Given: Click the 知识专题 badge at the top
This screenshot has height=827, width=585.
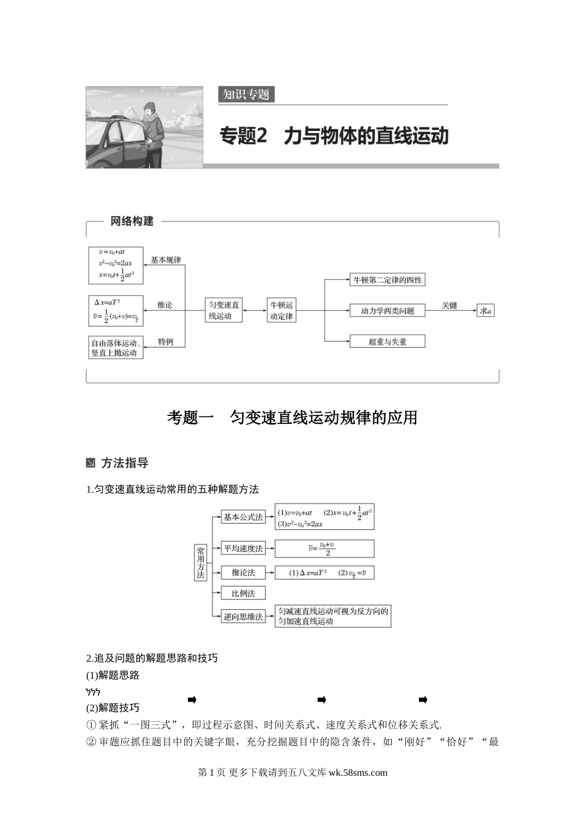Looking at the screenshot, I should pos(246,94).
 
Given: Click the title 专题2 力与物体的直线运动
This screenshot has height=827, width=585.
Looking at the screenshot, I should pos(334,136).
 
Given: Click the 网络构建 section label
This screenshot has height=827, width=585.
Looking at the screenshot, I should pos(132,222).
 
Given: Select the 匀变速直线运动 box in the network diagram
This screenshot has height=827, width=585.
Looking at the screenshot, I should pos(224,310).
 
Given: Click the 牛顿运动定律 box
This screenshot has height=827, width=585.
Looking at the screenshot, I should pos(281,310).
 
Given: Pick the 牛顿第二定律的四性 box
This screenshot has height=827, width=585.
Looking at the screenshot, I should pos(387,280).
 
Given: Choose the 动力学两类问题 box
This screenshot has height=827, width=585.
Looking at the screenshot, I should pos(387,311).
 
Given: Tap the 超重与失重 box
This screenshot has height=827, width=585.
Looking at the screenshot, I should pos(387,342).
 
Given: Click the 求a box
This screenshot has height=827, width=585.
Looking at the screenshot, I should pos(486,311).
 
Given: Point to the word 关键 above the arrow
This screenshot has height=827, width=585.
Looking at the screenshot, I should pos(450,305).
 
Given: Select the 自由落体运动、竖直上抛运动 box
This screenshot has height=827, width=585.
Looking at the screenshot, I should pos(116,348).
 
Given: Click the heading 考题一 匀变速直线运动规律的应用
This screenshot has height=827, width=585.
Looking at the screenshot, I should pos(292,418).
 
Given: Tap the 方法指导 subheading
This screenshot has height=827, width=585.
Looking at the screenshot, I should pos(124,463).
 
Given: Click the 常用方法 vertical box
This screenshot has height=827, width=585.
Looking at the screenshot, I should pos(201,562).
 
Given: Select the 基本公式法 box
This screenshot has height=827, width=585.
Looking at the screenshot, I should pos(243,517).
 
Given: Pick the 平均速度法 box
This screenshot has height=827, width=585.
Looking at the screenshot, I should pos(243,548).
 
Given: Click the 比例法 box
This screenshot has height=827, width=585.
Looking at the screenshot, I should pos(243,593).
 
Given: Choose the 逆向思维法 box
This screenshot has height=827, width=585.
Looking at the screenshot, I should pos(243,617).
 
